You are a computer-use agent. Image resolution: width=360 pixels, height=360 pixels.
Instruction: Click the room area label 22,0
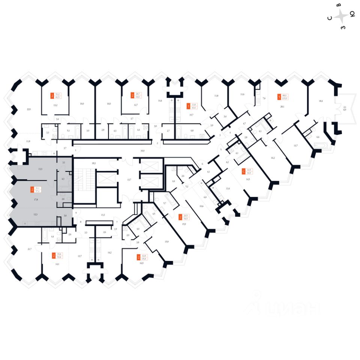pos(28,109)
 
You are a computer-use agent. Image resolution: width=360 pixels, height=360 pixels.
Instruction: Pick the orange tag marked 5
pos(279,97)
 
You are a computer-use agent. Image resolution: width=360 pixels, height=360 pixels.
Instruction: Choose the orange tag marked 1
pos(188,106)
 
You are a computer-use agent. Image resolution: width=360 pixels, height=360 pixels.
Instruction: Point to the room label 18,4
pos(321,101)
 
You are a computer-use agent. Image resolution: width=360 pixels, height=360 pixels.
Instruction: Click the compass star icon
pos(341,16)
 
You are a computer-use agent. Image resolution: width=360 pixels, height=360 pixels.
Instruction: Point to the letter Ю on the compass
pos(352,14)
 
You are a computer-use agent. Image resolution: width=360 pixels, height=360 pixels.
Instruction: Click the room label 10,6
pos(201,206)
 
